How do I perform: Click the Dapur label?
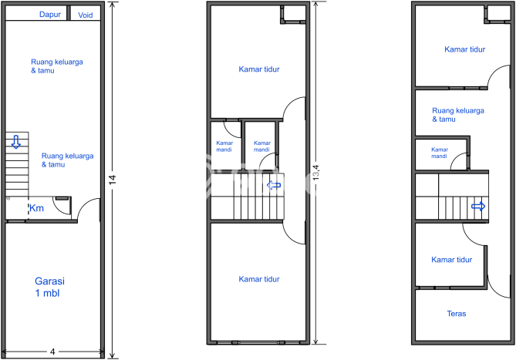pyautogui.click(x=50, y=15)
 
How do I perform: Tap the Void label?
pyautogui.click(x=86, y=15)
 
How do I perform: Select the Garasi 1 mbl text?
pyautogui.click(x=49, y=287)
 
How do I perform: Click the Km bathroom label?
pyautogui.click(x=36, y=208)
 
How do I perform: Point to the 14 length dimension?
pyautogui.click(x=113, y=180)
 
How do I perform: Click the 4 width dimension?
pyautogui.click(x=52, y=352)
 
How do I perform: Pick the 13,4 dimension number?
pyautogui.click(x=316, y=172)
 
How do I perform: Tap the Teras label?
pyautogui.click(x=457, y=314)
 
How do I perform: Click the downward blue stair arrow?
pyautogui.click(x=15, y=142)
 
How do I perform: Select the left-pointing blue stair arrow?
pyautogui.click(x=274, y=185)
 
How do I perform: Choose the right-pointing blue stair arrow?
pyautogui.click(x=478, y=207)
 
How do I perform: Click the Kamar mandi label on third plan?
pyautogui.click(x=440, y=153)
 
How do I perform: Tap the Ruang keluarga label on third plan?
pyautogui.click(x=458, y=115)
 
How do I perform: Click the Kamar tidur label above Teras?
pyautogui.click(x=452, y=260)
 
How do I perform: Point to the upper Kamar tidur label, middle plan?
pyautogui.click(x=259, y=69)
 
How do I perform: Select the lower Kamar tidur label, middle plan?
pyautogui.click(x=259, y=280)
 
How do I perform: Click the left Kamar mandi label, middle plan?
pyautogui.click(x=224, y=146)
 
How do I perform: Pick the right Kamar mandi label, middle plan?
pyautogui.click(x=262, y=146)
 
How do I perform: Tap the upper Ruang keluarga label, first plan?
pyautogui.click(x=57, y=66)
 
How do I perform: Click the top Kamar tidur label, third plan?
pyautogui.click(x=465, y=49)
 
